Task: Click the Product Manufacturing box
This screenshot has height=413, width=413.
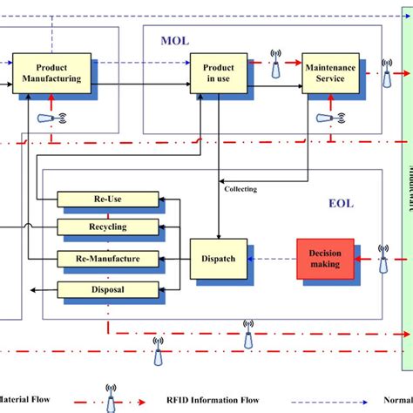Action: pyautogui.click(x=51, y=73)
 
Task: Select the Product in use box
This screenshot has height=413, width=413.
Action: pyautogui.click(x=218, y=73)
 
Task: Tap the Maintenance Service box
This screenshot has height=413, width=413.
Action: pyautogui.click(x=330, y=73)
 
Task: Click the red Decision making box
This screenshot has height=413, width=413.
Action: pyautogui.click(x=325, y=258)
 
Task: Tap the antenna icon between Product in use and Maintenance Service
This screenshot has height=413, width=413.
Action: pyautogui.click(x=275, y=63)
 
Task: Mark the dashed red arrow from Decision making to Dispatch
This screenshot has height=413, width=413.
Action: pyautogui.click(x=274, y=258)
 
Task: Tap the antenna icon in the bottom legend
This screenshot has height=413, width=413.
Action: pyautogui.click(x=111, y=398)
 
